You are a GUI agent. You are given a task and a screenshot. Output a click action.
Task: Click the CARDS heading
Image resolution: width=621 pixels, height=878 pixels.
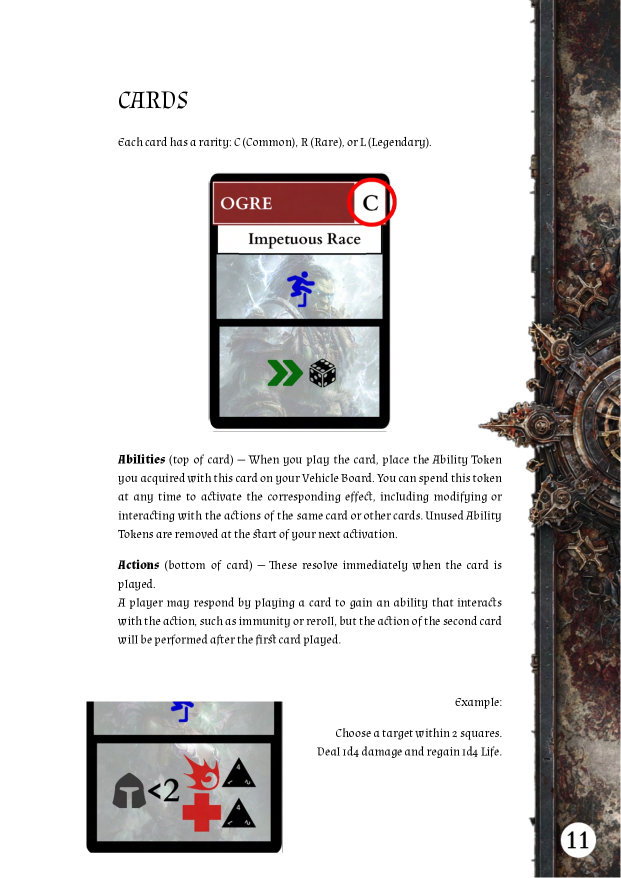[x=153, y=100]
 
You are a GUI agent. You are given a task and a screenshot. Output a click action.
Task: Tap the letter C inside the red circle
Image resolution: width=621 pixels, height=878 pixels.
[x=370, y=203]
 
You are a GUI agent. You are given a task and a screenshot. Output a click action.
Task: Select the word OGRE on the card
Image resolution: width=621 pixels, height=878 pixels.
[x=246, y=203]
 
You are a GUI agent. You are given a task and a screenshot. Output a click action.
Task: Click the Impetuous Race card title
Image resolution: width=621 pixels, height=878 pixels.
[x=304, y=239]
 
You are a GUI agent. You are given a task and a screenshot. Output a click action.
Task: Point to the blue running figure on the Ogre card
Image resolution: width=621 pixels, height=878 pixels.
[x=301, y=289]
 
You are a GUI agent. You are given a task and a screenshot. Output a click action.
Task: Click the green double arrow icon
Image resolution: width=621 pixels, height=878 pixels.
[x=284, y=373]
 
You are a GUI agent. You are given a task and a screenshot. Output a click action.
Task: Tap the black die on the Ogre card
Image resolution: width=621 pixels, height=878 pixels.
[x=322, y=373]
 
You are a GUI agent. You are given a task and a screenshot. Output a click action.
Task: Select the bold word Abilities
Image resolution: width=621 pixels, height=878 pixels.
[x=141, y=459]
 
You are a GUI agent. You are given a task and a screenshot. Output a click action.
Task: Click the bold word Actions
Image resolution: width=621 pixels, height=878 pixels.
[x=138, y=565]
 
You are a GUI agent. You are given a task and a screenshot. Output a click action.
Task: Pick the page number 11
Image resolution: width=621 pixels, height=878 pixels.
[x=578, y=840]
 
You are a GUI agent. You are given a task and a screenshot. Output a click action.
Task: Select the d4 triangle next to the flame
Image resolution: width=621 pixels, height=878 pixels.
[x=238, y=774]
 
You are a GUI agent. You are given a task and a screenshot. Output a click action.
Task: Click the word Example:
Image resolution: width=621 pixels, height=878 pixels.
[x=478, y=702]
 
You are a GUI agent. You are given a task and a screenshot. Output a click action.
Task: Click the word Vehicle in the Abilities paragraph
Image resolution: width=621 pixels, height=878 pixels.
[x=320, y=478]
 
